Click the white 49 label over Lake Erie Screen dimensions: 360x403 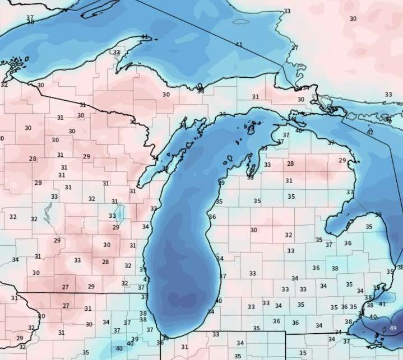[x=393, y=328]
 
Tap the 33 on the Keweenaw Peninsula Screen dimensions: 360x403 [x=117, y=53]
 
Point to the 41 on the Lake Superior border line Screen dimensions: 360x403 [x=239, y=44]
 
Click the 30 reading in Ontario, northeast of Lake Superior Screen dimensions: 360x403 [x=353, y=18]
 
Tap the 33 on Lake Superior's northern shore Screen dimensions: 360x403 [x=287, y=11]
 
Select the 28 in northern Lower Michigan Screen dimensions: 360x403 [x=290, y=163]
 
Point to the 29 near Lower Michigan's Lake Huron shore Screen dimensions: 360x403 [x=342, y=161]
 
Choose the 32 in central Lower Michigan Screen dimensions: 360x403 [x=289, y=235]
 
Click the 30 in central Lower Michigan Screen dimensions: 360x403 [x=253, y=230]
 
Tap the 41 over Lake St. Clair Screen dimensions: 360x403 [x=382, y=304]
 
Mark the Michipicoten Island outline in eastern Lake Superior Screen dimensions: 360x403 [x=241, y=22]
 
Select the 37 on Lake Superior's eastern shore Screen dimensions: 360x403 [x=294, y=48]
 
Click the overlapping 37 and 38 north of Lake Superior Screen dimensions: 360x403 [x=30, y=20]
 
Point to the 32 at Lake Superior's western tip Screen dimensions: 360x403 [x=4, y=85]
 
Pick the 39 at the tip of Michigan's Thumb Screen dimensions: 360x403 [x=378, y=214]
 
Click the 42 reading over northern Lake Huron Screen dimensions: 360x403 [x=370, y=132]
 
